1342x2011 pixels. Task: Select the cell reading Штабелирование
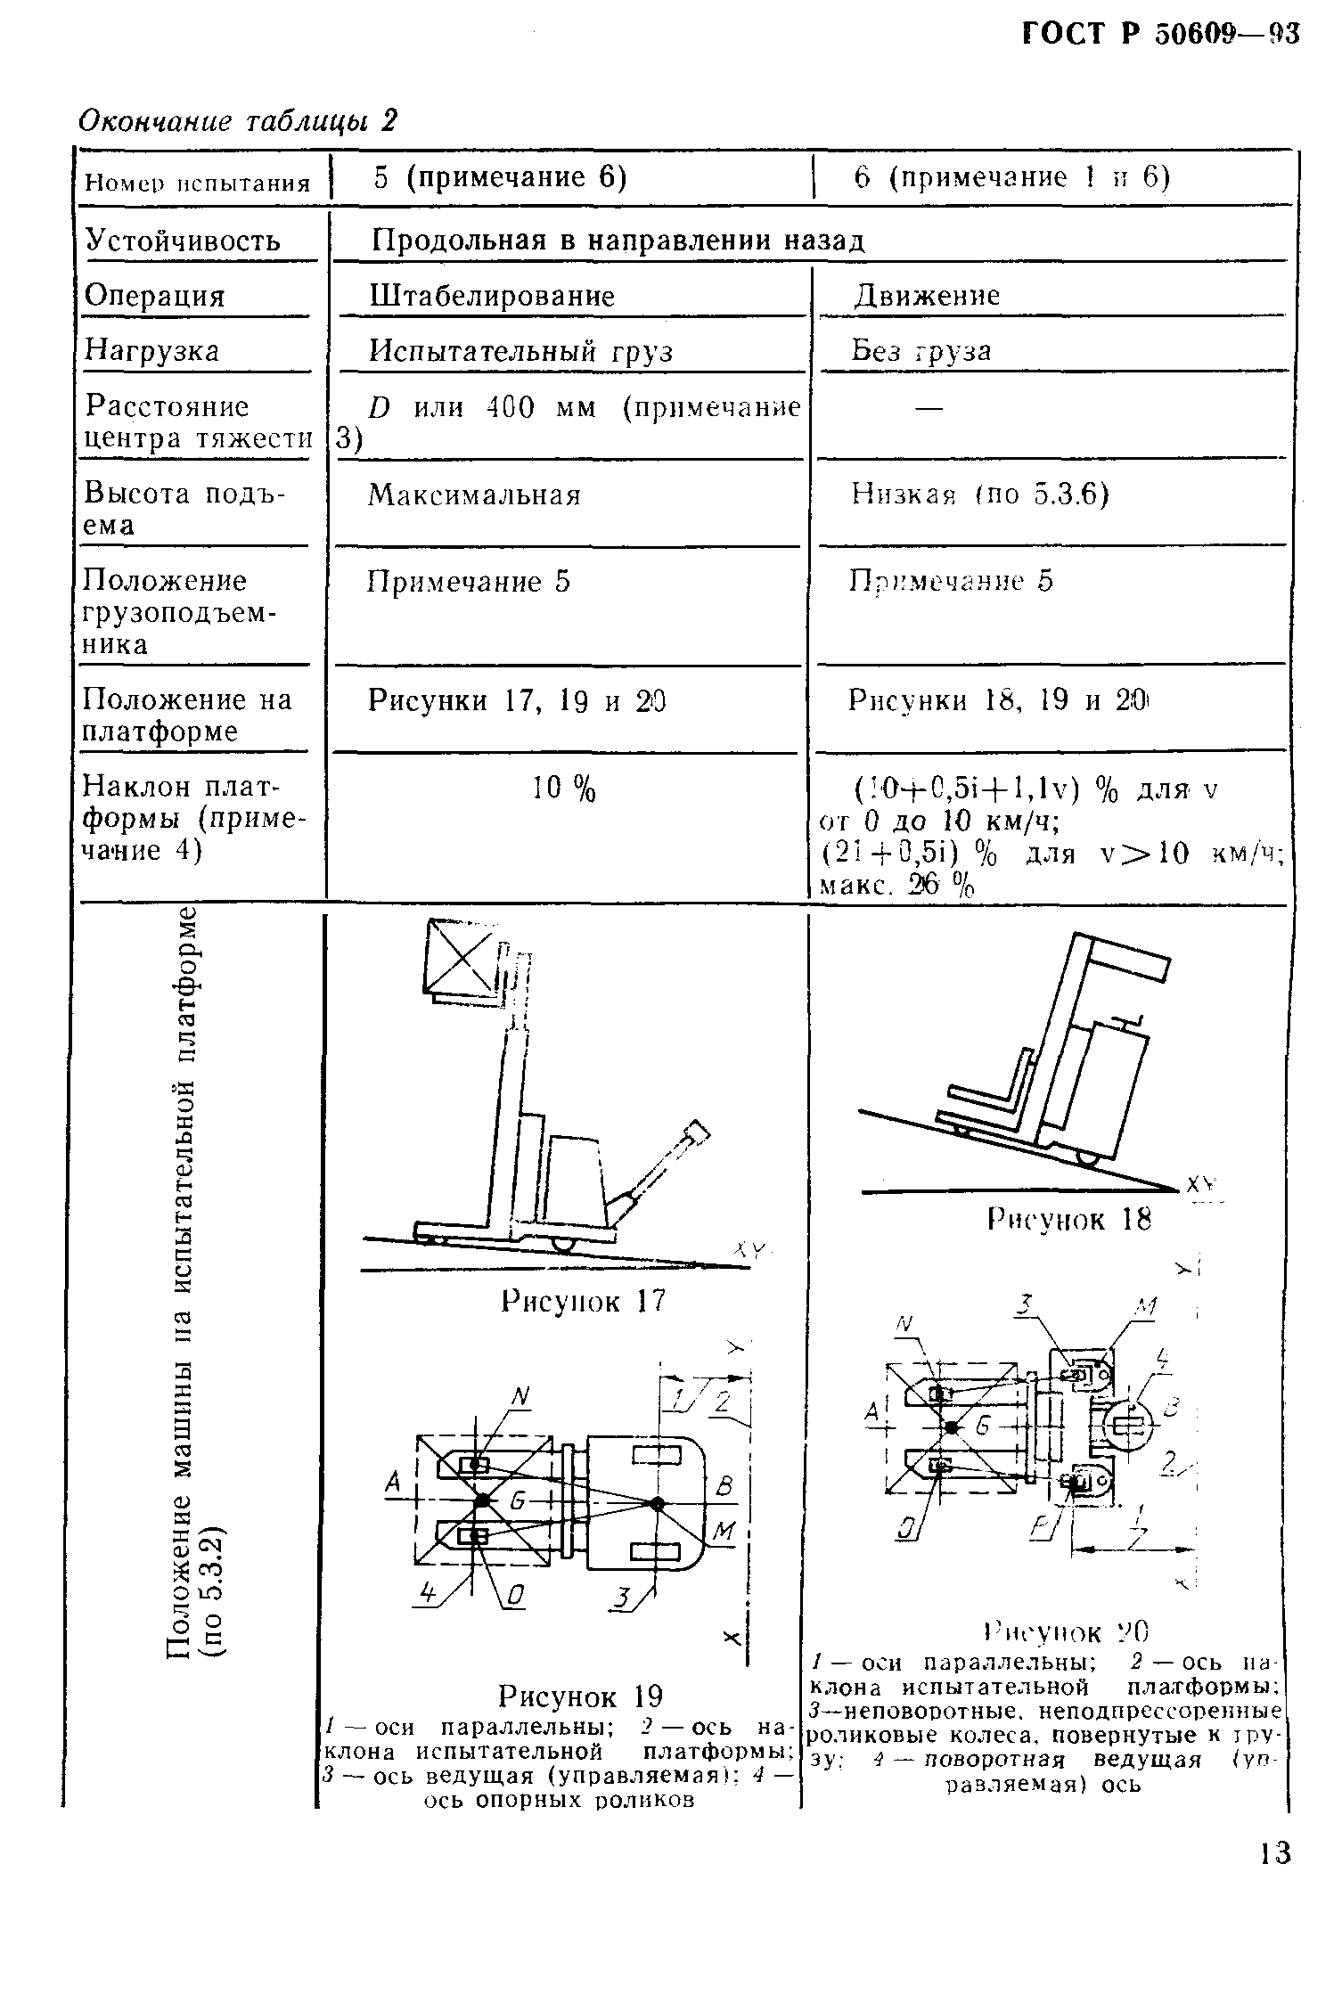click(492, 296)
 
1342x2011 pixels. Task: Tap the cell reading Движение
click(927, 296)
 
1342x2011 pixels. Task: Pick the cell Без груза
click(921, 351)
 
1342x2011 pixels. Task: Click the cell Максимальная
click(474, 495)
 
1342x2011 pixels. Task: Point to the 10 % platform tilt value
click(564, 789)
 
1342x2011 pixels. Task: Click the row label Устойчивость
click(183, 241)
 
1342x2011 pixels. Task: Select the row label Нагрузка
click(151, 351)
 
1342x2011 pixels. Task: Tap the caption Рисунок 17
click(583, 1302)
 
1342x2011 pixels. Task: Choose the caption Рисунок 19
click(581, 1695)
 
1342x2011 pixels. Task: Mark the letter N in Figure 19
click(520, 1401)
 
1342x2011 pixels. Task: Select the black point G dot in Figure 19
click(482, 1501)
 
